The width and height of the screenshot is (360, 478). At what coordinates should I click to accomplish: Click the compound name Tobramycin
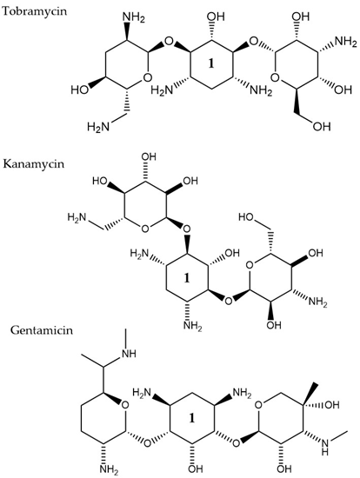tap(34, 11)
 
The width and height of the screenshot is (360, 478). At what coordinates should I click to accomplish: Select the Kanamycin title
tap(34, 163)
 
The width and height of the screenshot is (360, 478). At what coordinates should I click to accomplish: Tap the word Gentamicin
tap(42, 330)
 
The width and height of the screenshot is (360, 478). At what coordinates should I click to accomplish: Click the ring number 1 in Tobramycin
tap(210, 63)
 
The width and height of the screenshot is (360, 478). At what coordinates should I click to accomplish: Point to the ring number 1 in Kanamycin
tap(187, 278)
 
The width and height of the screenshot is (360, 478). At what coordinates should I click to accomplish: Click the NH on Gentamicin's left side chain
tap(129, 354)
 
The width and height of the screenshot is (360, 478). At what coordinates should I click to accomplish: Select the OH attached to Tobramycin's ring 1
tap(216, 17)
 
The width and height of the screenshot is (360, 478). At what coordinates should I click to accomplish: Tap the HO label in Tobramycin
tap(80, 90)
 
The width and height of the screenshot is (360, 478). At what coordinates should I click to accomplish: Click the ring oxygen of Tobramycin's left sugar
tap(148, 77)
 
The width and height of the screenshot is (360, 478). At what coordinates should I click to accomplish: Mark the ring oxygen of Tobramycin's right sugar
tap(275, 77)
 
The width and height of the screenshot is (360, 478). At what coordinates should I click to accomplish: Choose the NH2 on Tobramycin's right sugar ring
tap(346, 42)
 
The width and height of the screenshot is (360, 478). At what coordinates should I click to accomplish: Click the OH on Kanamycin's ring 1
tap(232, 253)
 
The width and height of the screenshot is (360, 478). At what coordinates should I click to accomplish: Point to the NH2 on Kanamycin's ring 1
tap(193, 326)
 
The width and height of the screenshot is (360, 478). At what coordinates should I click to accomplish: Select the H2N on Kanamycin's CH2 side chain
tap(77, 217)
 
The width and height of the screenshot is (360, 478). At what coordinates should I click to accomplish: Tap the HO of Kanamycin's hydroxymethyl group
tap(246, 217)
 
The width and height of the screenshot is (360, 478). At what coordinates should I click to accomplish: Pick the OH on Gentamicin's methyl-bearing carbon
tap(331, 405)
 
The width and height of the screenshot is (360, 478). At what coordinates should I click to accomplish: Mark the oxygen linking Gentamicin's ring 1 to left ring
tap(147, 442)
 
